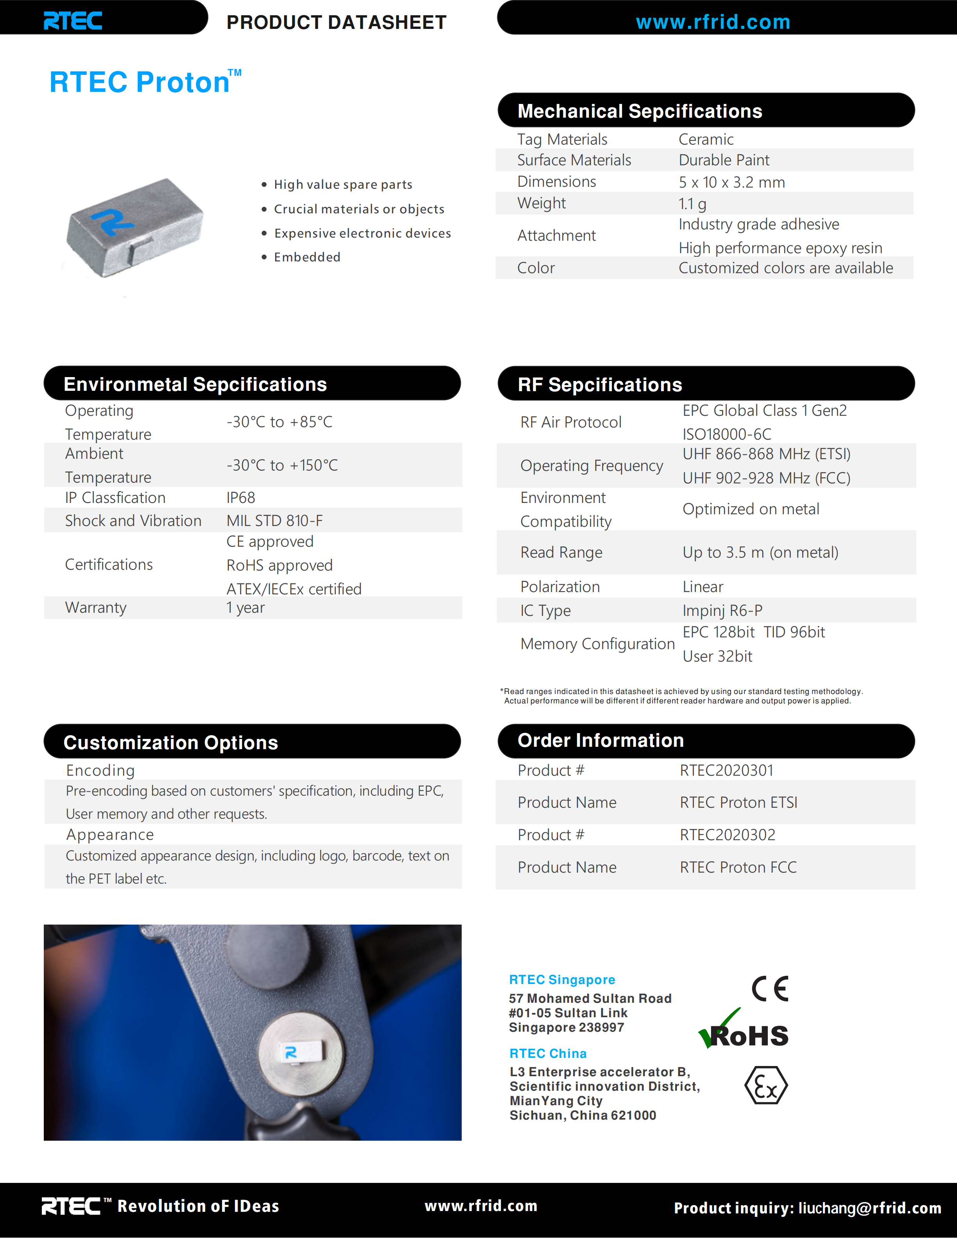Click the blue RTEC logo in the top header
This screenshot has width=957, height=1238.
tap(73, 21)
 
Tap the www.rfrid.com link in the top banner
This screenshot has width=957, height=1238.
tap(713, 22)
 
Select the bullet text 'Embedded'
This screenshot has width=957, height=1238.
tap(307, 258)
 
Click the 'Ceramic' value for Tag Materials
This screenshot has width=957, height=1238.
tap(706, 140)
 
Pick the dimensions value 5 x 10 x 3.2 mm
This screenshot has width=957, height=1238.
tap(731, 182)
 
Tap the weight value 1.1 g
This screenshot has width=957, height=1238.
tap(692, 204)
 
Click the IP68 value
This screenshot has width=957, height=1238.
tap(241, 498)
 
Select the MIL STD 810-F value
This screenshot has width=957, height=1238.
tap(274, 521)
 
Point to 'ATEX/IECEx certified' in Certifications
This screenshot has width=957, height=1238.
tap(294, 589)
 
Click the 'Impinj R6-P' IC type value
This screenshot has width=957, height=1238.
tap(722, 610)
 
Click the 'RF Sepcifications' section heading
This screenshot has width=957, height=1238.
tap(599, 385)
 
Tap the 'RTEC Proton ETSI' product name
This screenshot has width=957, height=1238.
tap(738, 803)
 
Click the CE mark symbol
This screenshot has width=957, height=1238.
tap(769, 989)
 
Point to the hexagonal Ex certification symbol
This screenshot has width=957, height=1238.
tap(765, 1086)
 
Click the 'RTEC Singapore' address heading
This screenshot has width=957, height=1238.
tap(562, 980)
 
